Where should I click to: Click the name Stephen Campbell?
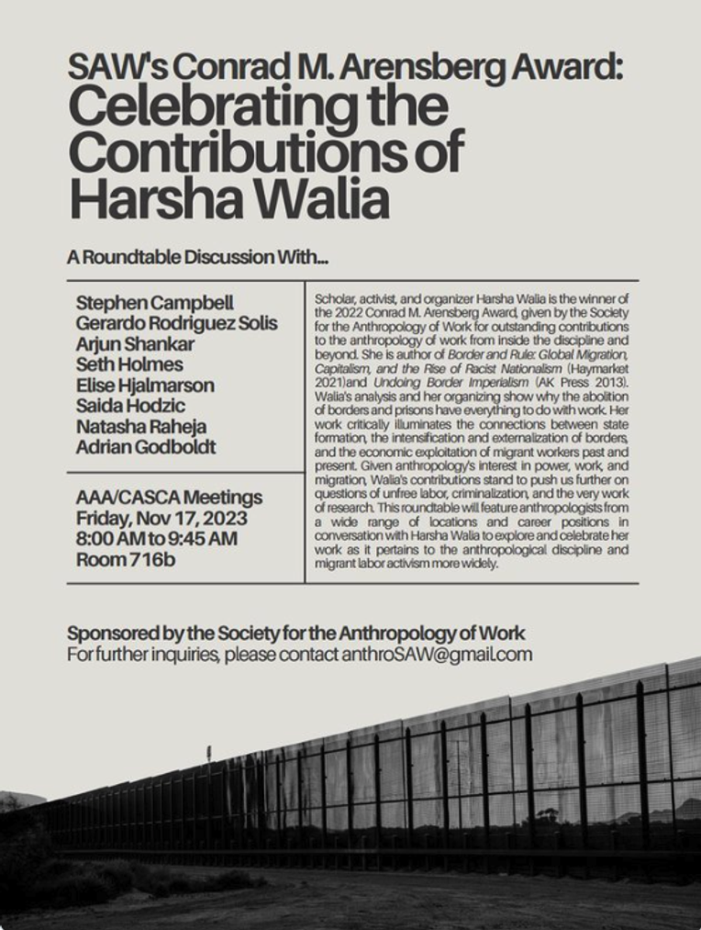154,303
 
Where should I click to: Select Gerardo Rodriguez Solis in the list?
176,323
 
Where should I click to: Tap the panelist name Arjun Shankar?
143,343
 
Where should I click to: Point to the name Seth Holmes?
129,364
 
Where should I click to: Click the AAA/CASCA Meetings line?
169,498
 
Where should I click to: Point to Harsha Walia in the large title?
228,198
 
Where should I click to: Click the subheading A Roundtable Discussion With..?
197,258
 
